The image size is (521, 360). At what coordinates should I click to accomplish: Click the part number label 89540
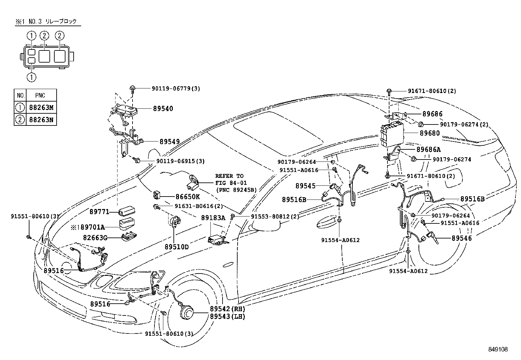163,109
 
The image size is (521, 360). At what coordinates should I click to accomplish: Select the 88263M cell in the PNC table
42,107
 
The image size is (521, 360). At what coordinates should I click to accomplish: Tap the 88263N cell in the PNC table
42,120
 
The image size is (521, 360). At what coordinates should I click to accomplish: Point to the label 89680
430,133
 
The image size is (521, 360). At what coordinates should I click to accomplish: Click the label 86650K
188,197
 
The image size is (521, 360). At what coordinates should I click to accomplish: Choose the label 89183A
213,218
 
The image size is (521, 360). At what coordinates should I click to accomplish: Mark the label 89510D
177,247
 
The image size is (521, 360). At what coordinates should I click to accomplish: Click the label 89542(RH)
227,309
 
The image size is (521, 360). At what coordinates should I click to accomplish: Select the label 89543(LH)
227,316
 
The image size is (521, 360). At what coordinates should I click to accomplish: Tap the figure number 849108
498,349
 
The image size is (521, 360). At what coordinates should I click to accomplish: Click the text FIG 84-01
231,183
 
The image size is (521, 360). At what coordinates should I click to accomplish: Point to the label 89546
462,238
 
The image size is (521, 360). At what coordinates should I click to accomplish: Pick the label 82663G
95,238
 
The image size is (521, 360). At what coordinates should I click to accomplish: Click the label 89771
99,212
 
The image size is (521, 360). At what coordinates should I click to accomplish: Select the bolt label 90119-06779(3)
176,88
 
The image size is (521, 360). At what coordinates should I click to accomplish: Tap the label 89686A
428,149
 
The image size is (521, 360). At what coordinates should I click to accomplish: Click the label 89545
305,186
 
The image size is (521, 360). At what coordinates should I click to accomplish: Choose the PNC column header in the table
40,95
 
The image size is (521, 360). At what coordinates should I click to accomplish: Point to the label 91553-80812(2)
275,217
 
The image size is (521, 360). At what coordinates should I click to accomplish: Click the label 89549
170,142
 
